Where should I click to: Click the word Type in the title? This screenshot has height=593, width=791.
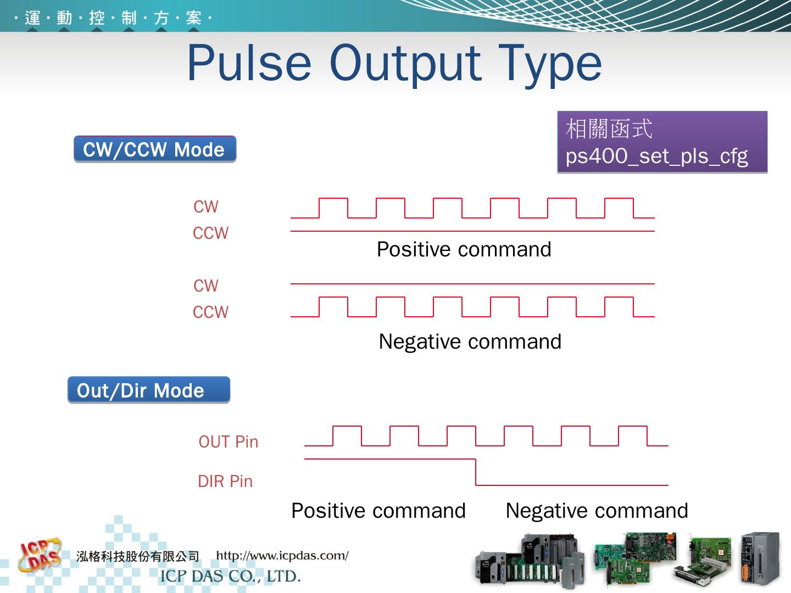(x=550, y=65)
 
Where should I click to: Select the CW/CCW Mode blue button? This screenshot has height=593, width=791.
(x=155, y=149)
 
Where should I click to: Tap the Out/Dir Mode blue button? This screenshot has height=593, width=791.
(x=148, y=390)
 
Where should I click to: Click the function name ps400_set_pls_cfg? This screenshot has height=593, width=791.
(x=656, y=156)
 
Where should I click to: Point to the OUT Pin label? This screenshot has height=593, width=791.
(x=228, y=441)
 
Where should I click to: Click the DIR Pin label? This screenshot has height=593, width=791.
(x=225, y=482)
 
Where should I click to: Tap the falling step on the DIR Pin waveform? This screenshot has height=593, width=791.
(x=476, y=472)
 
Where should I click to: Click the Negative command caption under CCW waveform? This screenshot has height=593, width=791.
(x=470, y=342)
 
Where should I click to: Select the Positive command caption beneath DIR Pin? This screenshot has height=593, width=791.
(x=378, y=511)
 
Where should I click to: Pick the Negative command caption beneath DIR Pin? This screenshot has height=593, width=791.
(x=597, y=511)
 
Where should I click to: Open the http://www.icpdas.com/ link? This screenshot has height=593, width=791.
(x=282, y=555)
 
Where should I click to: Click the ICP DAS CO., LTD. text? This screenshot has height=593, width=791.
(x=230, y=576)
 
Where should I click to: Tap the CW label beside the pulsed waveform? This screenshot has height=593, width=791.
(x=206, y=207)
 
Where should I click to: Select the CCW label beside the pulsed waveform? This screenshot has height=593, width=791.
(x=210, y=312)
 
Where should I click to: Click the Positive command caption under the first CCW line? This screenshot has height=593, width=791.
(x=464, y=249)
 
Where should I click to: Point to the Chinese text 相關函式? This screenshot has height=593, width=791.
(x=609, y=129)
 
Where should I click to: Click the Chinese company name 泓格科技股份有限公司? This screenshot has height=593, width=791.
(x=137, y=557)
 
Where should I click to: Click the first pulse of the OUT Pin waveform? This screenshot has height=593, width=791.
(x=347, y=435)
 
